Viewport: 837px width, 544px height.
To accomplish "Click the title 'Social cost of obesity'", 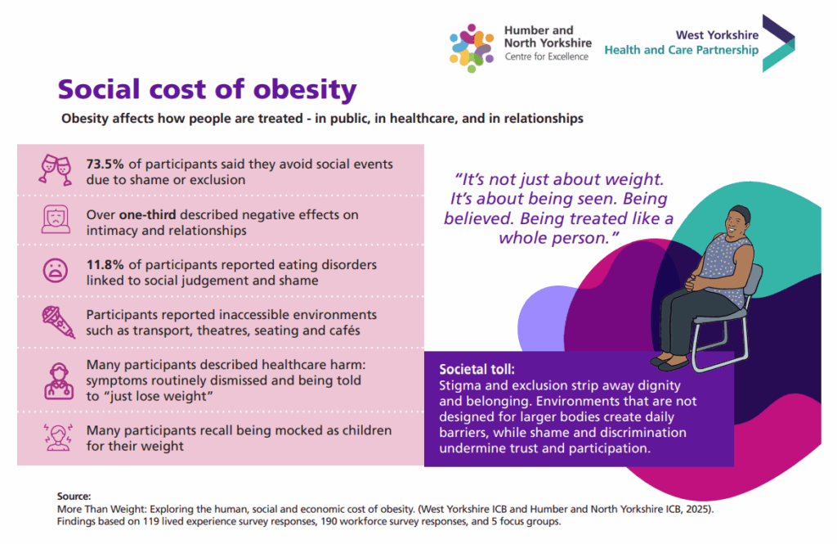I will click(x=206, y=89).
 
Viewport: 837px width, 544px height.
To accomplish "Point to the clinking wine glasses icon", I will click(x=56, y=169).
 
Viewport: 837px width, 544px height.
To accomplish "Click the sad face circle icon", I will click(x=56, y=271).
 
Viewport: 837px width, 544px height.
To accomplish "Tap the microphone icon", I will click(x=56, y=322).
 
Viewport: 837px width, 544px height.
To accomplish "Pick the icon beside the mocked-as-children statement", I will click(x=56, y=438).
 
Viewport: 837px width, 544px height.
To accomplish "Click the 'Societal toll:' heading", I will click(x=477, y=369).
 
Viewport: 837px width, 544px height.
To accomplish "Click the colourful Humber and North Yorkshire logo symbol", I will click(x=472, y=47).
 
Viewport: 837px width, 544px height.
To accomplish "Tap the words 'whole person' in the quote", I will click(x=556, y=237).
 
